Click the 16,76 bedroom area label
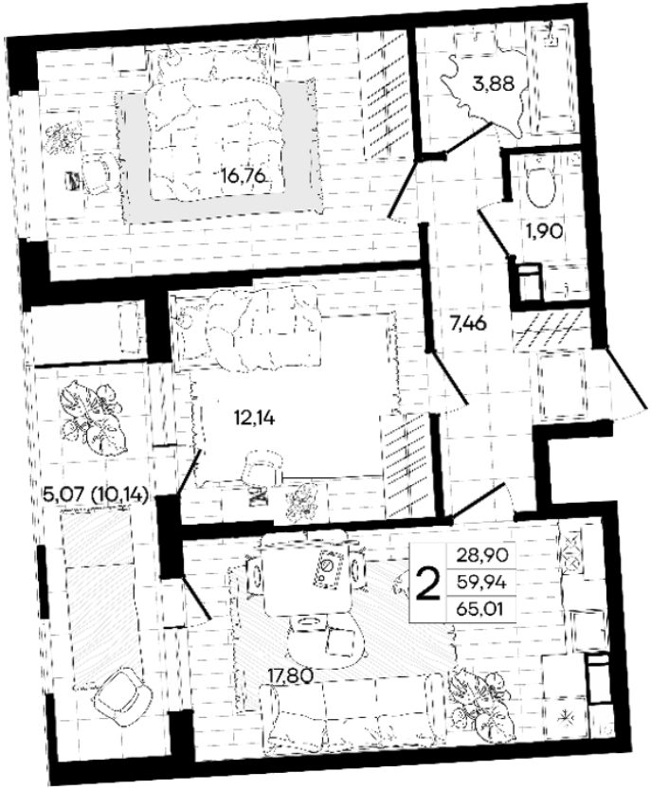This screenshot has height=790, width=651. pos(244,176)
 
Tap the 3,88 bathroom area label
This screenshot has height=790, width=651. pos(494,83)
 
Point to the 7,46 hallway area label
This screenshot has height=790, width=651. pos(468,323)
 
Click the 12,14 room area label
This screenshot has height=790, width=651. pos(255,417)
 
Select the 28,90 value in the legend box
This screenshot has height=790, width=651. pos(479,556)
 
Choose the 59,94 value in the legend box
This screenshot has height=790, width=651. pos(479,583)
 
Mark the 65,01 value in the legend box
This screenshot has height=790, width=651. pos(479,610)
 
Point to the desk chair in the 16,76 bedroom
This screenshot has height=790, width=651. pos(99,171)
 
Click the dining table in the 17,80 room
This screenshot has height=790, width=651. pos(304,572)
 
